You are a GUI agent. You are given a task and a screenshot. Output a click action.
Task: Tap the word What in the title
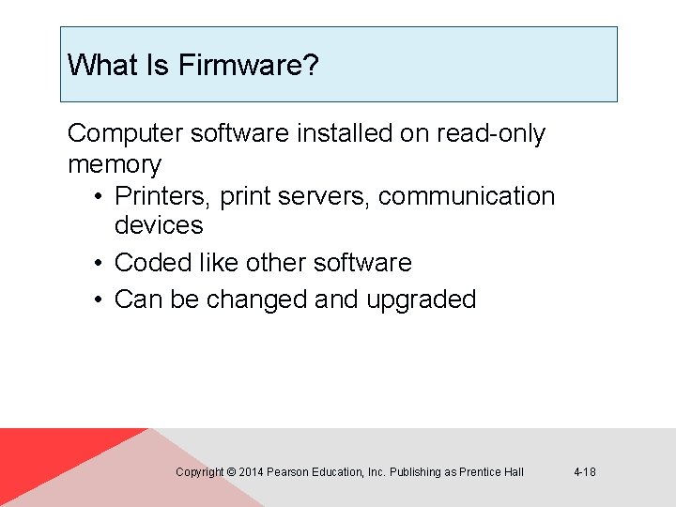pos(96,66)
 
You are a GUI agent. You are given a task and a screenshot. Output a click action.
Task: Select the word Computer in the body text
pos(125,134)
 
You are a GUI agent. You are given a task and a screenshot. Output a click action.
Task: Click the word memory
pos(115,165)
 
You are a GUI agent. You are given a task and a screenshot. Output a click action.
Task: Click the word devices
pos(159,225)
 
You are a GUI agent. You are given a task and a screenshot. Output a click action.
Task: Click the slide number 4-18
pos(584,472)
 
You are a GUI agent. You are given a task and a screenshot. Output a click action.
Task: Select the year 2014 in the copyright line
pos(251,472)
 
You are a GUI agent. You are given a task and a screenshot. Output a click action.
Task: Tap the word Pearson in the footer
pos(287,472)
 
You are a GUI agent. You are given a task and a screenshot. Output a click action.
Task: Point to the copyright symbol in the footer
pos(231,472)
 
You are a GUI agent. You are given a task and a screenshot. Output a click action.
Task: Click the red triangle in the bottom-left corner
pos(47,460)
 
